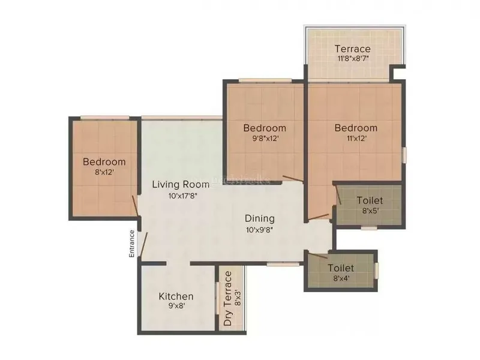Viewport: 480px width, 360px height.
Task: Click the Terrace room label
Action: click(352, 49)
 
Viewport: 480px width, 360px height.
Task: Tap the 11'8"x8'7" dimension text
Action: click(352, 59)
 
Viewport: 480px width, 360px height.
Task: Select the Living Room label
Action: click(180, 184)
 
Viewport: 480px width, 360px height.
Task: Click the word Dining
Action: click(260, 218)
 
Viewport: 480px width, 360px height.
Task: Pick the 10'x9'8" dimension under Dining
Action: click(260, 229)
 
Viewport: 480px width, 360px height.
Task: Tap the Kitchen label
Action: click(176, 296)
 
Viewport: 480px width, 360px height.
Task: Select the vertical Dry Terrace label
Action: click(228, 299)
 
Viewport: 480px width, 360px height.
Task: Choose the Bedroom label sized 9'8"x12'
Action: click(265, 128)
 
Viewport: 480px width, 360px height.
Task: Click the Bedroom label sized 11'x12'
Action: click(356, 128)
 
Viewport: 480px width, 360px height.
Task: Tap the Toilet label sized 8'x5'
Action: click(370, 200)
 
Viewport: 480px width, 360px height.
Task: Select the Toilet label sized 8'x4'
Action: click(341, 268)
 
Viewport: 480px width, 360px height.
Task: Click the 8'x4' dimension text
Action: click(341, 278)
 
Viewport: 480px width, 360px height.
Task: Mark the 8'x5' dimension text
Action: click(370, 211)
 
